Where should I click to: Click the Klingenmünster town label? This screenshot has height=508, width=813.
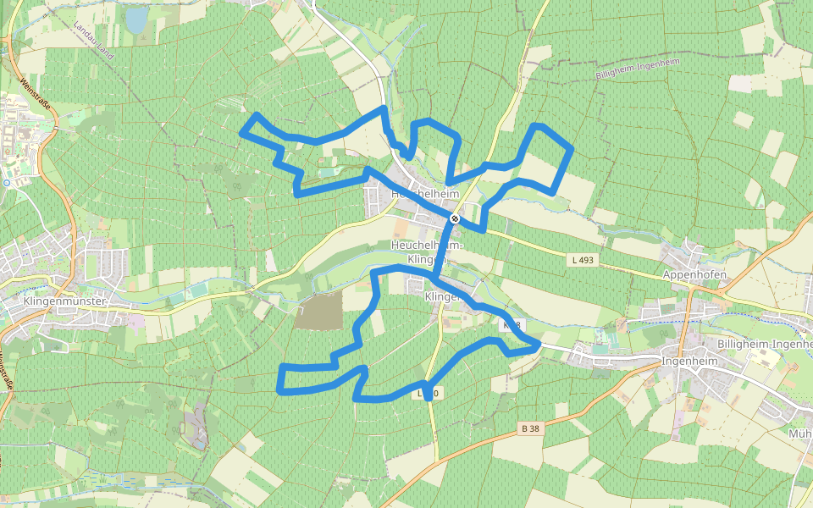tap(64, 301)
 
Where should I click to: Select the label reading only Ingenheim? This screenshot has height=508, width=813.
tap(689, 361)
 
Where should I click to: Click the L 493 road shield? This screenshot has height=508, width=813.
tap(583, 260)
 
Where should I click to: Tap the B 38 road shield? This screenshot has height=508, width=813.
tap(530, 428)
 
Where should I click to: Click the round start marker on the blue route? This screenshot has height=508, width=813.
tap(455, 218)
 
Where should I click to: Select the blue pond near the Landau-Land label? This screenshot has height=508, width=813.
tap(136, 19)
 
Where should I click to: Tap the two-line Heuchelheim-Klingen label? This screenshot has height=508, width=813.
tap(426, 251)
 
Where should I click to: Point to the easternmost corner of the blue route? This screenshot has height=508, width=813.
tap(572, 149)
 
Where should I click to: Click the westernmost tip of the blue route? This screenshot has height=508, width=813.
tap(243, 133)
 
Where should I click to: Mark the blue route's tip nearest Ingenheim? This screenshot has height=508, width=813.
tap(539, 343)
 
